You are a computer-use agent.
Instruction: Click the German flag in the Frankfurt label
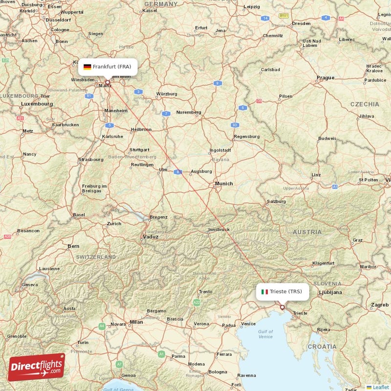pos(87,67)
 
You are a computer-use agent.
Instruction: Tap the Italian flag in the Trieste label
pos(264,292)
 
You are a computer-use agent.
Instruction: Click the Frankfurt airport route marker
pos(108,83)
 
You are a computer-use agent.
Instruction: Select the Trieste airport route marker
pos(282,307)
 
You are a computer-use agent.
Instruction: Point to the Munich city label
pos(224,184)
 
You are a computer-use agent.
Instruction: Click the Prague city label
pos(325,77)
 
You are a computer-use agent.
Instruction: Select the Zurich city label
pos(114,224)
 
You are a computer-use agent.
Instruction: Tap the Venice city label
pos(248,324)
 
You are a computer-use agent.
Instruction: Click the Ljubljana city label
pos(330,292)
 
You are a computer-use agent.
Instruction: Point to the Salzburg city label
pos(276,201)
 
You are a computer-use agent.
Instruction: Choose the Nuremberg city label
pos(189,112)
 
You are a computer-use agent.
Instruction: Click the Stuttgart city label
pos(139,150)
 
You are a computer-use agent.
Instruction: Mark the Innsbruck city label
pos(218,229)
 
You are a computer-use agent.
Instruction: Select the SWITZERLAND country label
pos(95,257)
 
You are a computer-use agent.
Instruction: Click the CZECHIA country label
pos(364,104)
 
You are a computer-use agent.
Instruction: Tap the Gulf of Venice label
pos(265,334)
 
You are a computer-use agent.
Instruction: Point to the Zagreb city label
pos(380,305)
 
